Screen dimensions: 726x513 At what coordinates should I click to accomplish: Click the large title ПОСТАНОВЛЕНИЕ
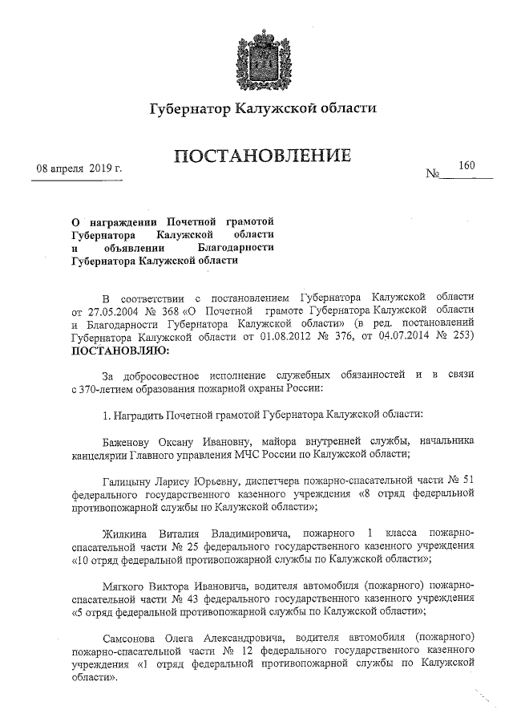point(261,156)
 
